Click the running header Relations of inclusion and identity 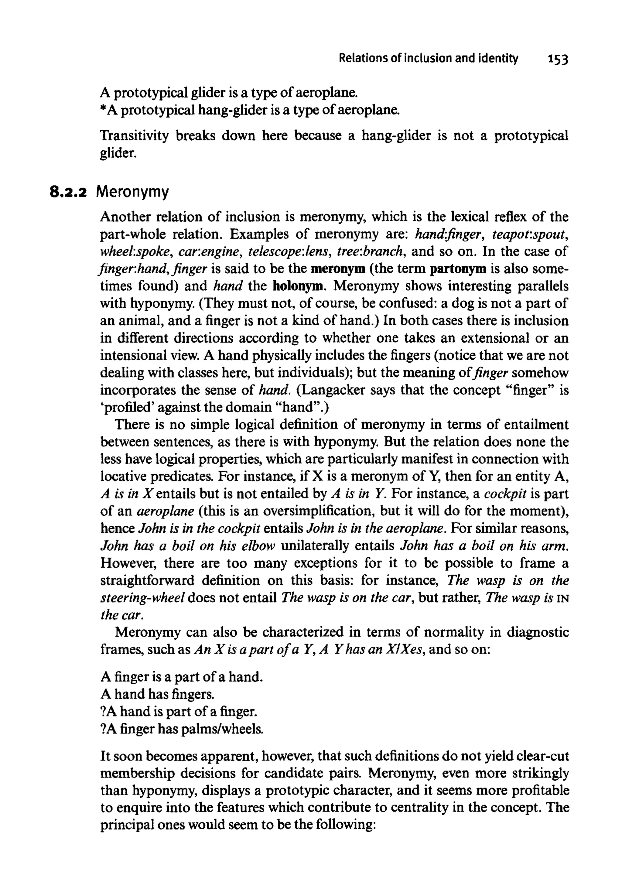pos(428,58)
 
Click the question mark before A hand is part pos(103,711)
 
